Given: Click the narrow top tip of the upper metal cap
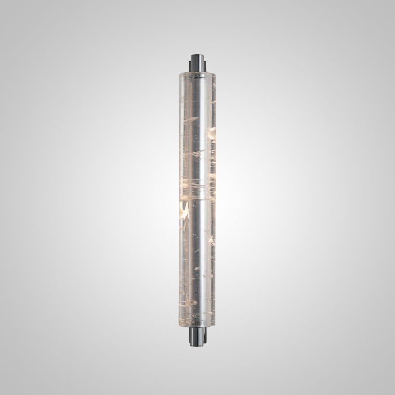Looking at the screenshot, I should pyautogui.click(x=197, y=57).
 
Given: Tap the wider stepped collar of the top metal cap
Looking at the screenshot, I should pyautogui.click(x=197, y=67).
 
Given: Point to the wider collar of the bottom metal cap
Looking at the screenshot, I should pyautogui.click(x=197, y=333).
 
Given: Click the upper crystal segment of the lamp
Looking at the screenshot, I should pyautogui.click(x=197, y=135).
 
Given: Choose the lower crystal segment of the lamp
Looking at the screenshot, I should pyautogui.click(x=197, y=260).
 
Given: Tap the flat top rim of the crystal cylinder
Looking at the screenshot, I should pyautogui.click(x=197, y=74).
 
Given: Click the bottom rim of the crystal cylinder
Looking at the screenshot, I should pyautogui.click(x=197, y=325).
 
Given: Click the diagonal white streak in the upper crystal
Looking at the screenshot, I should pyautogui.click(x=191, y=120).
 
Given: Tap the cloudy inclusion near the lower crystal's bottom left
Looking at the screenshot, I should pyautogui.click(x=190, y=302).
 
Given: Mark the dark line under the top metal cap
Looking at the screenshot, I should pyautogui.click(x=197, y=77).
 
